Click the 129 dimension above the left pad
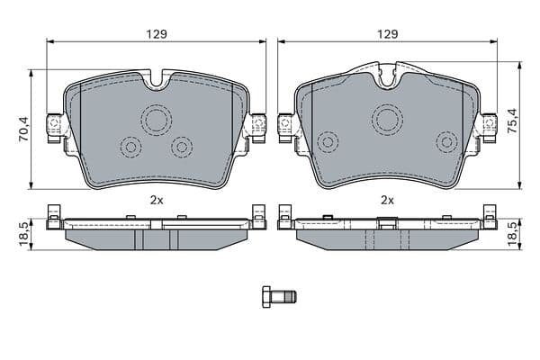tap(157, 34)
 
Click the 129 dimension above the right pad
tap(387, 34)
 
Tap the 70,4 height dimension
tap(24, 129)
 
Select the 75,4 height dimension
tap(512, 121)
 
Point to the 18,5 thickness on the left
tap(24, 234)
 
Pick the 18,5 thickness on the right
tap(512, 234)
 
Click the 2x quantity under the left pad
tap(157, 200)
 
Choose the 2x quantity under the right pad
tap(387, 200)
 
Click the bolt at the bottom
tap(279, 297)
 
